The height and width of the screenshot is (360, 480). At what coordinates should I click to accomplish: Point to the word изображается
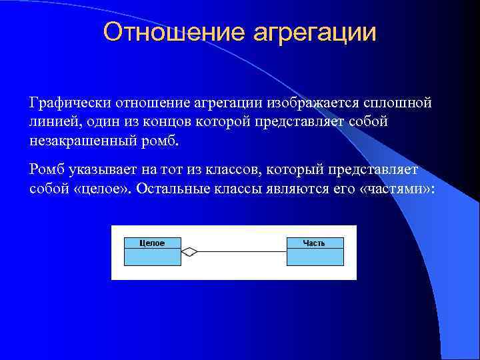313,103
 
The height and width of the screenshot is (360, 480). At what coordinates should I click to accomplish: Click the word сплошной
397,103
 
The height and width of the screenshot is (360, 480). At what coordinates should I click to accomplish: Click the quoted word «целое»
100,189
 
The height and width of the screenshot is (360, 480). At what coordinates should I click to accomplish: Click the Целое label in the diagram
152,243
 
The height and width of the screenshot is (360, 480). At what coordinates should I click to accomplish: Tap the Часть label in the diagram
314,243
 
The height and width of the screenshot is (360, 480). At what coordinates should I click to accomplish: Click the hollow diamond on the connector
190,252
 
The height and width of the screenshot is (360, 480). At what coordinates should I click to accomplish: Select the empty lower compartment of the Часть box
315,257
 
